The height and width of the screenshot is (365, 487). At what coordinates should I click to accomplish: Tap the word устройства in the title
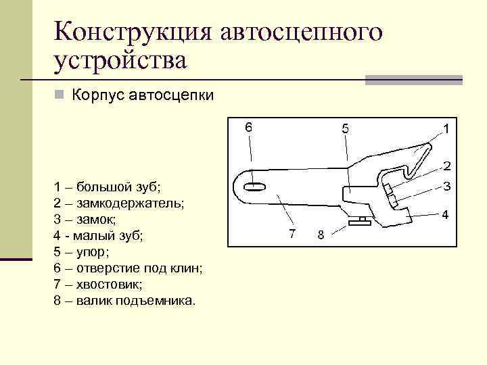[x=120, y=62]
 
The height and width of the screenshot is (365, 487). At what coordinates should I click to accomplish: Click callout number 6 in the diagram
[x=249, y=127]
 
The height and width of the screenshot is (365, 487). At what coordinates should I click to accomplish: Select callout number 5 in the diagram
[x=345, y=127]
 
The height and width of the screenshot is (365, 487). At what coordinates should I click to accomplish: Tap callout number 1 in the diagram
[x=446, y=127]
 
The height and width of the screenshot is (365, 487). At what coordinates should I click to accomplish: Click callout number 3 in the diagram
[x=447, y=186]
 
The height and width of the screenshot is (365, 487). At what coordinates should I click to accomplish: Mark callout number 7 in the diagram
[x=292, y=234]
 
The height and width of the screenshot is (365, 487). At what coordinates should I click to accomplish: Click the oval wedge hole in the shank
[x=254, y=187]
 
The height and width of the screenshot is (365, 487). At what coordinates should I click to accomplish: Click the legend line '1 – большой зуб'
[x=108, y=187]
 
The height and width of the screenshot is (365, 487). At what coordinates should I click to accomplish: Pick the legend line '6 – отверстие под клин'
[x=128, y=268]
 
